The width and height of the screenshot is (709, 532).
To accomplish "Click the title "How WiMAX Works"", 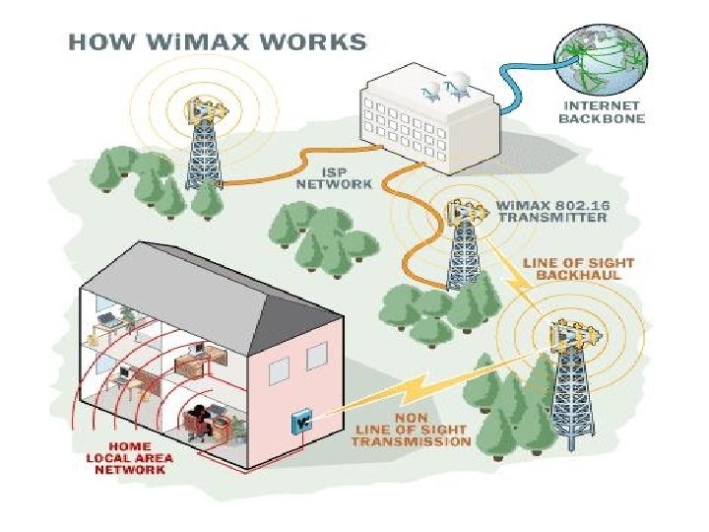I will [216, 42].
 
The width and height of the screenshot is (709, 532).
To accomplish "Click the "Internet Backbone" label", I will [601, 111].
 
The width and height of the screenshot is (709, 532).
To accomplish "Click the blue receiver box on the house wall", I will [300, 421].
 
